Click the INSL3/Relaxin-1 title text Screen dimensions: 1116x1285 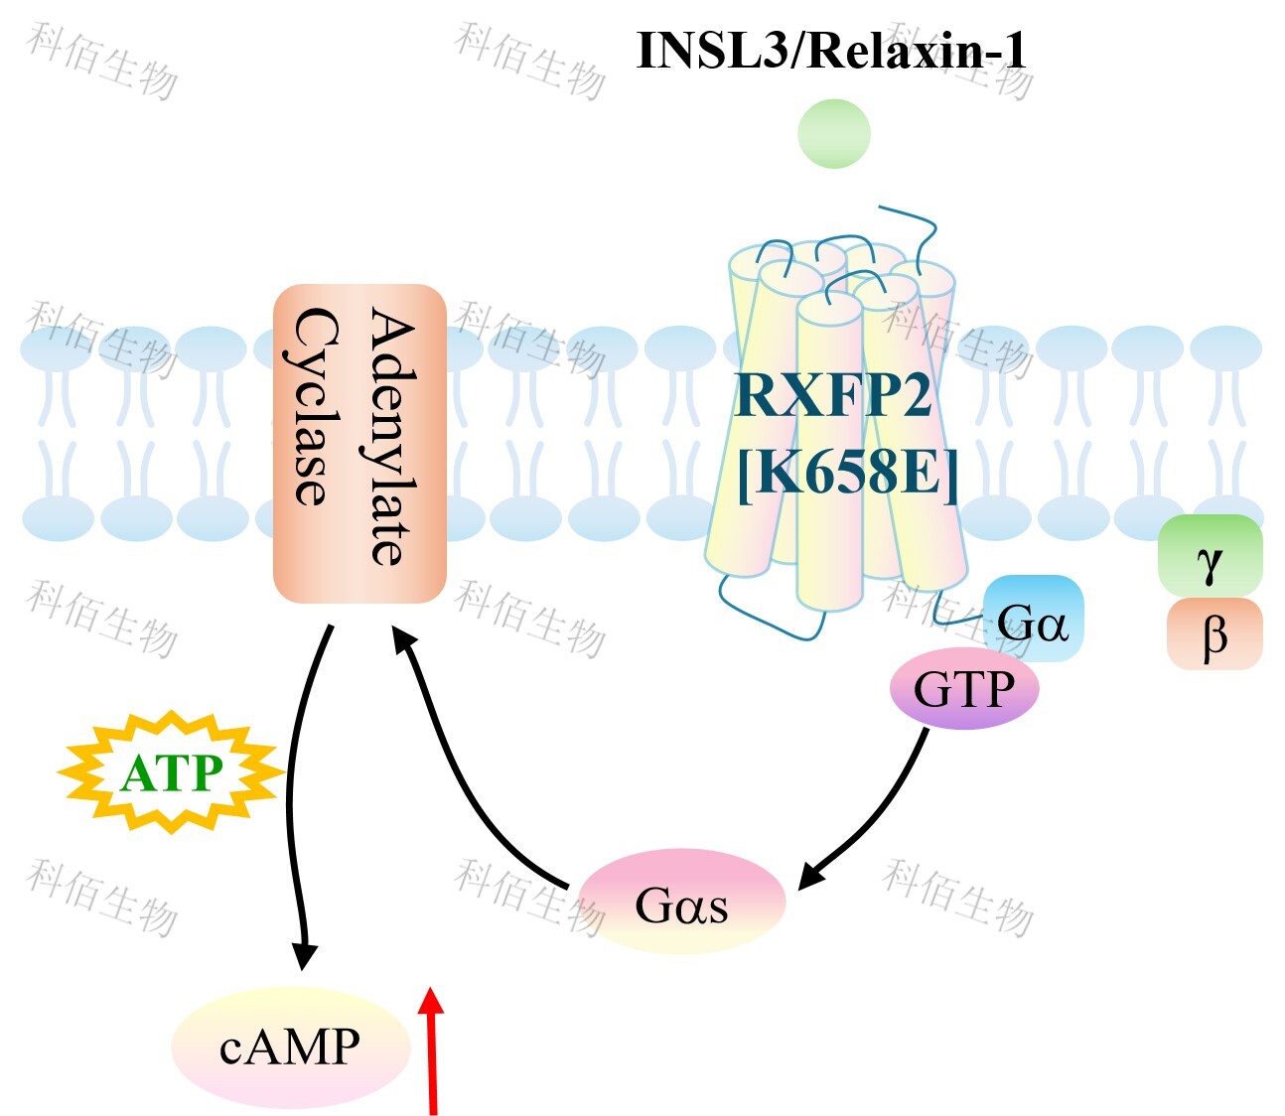pyautogui.click(x=830, y=50)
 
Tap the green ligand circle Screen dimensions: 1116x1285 pyautogui.click(x=834, y=134)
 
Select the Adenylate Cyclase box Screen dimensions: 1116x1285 pyautogui.click(x=359, y=443)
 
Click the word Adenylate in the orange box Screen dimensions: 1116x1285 pyautogui.click(x=393, y=437)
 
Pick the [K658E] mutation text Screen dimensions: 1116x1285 pyautogui.click(x=847, y=472)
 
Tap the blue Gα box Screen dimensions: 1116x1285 pyautogui.click(x=1033, y=621)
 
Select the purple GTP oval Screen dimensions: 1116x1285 pyautogui.click(x=963, y=688)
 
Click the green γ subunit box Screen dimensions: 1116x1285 pyautogui.click(x=1210, y=556)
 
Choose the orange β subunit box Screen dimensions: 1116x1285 pyautogui.click(x=1214, y=634)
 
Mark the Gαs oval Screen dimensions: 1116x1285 pyautogui.click(x=681, y=902)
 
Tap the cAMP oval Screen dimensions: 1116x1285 pyautogui.click(x=290, y=1046)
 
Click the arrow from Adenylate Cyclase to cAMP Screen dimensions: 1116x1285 pyautogui.click(x=293, y=794)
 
